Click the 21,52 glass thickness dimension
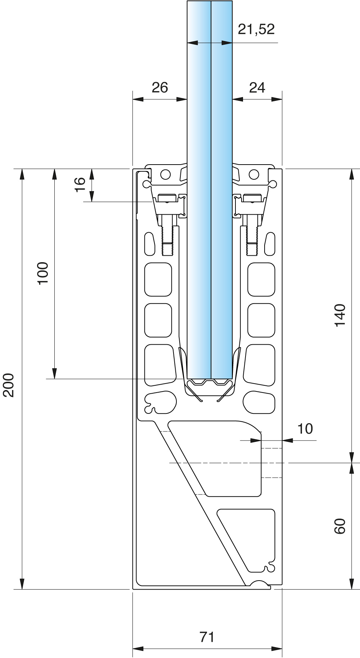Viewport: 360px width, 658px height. point(256,30)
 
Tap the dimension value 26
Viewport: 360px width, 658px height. point(160,88)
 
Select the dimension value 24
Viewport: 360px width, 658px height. point(257,88)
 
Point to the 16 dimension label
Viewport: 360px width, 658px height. point(80,185)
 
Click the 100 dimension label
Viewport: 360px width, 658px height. point(43,273)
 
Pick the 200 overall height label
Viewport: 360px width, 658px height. point(8,385)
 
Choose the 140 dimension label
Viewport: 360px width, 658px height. point(340,315)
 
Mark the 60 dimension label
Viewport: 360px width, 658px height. point(340,526)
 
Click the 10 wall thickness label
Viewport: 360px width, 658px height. point(305,429)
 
